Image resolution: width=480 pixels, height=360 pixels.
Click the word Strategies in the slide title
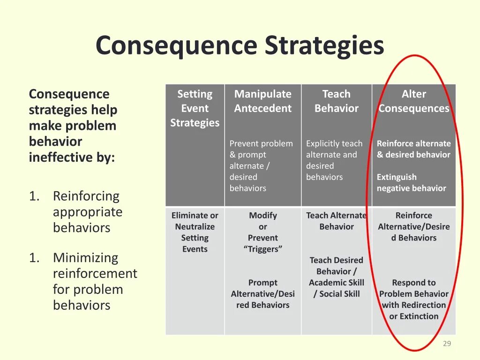pyautogui.click(x=324, y=46)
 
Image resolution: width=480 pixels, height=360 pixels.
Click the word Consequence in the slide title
pyautogui.click(x=176, y=46)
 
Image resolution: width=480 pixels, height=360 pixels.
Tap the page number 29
pyautogui.click(x=447, y=344)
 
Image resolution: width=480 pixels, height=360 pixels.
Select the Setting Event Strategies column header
pyautogui.click(x=195, y=108)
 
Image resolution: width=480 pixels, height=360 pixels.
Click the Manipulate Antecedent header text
pyautogui.click(x=262, y=101)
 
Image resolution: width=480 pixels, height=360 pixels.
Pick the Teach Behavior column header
pyautogui.click(x=336, y=101)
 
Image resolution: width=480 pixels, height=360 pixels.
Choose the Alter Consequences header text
pyautogui.click(x=414, y=101)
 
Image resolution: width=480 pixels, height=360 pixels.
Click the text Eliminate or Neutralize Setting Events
pyautogui.click(x=195, y=232)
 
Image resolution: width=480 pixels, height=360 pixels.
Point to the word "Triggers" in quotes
pyautogui.click(x=263, y=249)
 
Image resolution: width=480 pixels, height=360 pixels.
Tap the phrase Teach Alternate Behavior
pyautogui.click(x=336, y=221)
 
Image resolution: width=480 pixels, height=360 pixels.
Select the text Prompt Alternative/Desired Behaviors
pyautogui.click(x=262, y=294)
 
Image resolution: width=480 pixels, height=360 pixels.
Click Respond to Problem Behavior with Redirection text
pyautogui.click(x=414, y=299)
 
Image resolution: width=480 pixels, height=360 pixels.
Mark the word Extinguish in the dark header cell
pyautogui.click(x=397, y=177)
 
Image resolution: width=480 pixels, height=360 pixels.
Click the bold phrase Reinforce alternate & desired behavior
pyautogui.click(x=413, y=149)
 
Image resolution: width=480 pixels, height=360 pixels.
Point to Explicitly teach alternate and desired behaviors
pyautogui.click(x=334, y=160)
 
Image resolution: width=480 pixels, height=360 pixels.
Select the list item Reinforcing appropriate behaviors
pyautogui.click(x=87, y=212)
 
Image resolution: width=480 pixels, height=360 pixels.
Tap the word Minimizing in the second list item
pyautogui.click(x=86, y=258)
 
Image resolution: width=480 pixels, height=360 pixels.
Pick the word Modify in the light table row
pyautogui.click(x=263, y=215)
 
